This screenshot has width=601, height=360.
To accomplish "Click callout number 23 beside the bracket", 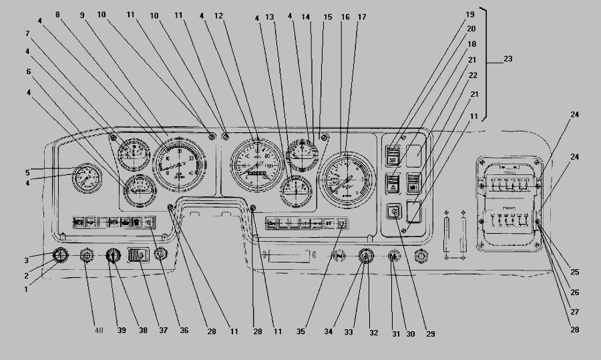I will click(x=508, y=60).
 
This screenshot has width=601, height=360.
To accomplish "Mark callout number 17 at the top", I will click(x=361, y=15).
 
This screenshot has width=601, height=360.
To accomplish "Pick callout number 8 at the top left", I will click(x=58, y=14).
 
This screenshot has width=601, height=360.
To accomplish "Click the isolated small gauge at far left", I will click(x=84, y=178).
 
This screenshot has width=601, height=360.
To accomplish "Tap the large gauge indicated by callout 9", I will click(x=179, y=164).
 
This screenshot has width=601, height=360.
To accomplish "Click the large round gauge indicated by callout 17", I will click(x=346, y=177).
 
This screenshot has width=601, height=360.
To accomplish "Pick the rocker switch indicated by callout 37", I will click(x=137, y=254).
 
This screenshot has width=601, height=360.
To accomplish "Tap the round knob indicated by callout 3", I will click(x=61, y=255).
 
